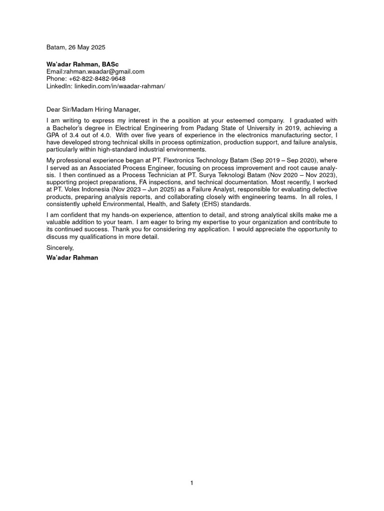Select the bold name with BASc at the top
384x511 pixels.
tap(82, 64)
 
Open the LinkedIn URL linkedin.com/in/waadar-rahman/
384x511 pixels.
tap(119, 86)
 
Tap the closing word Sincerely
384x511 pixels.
tap(59, 248)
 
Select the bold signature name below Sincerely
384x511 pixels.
tap(72, 258)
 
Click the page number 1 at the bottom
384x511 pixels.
tap(191, 483)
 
